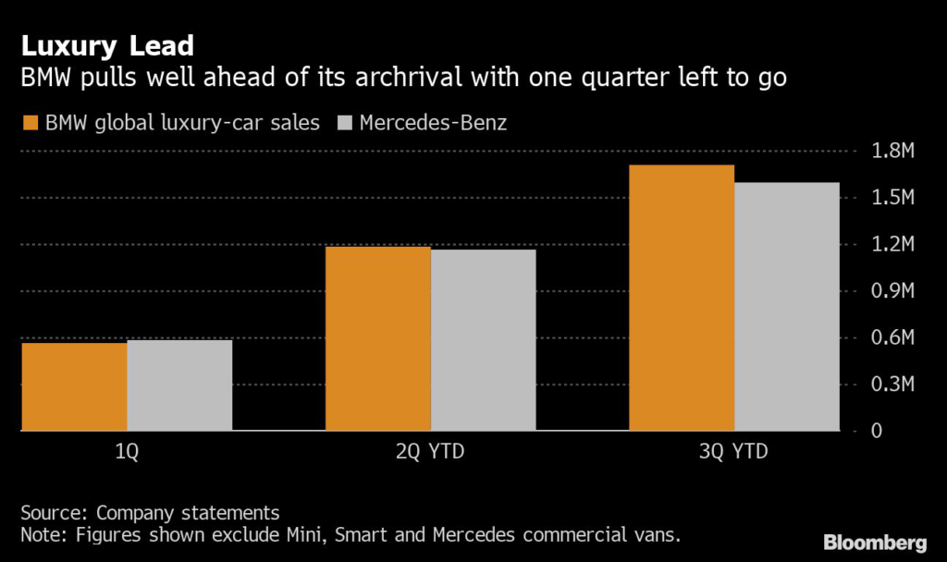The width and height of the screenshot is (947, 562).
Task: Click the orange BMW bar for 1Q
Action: coord(74,386)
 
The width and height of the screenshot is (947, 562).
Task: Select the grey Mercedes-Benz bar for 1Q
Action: coord(179,385)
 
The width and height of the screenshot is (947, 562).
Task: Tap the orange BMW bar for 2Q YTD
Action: coord(378,338)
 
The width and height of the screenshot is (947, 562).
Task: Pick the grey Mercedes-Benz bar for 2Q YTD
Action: coord(483,340)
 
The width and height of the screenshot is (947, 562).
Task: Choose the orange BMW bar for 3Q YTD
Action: coord(682,298)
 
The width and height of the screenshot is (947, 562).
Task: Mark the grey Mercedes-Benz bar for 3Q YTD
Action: coord(787,306)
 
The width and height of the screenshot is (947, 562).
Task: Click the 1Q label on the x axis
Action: coord(127,453)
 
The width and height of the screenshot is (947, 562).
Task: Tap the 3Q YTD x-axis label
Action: coord(734,453)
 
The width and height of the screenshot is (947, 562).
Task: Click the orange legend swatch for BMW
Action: coord(30,122)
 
